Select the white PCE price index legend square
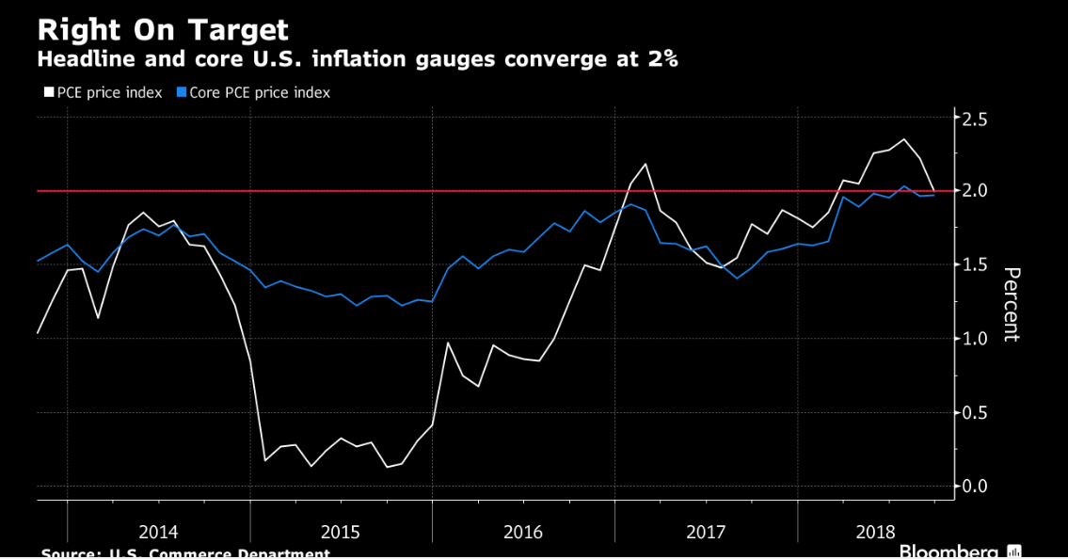pyautogui.click(x=49, y=93)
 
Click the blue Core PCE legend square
pyautogui.click(x=182, y=93)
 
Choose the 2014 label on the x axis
pyautogui.click(x=158, y=532)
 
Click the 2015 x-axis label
pyautogui.click(x=341, y=532)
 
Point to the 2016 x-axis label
pyautogui.click(x=523, y=532)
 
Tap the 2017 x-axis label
pyautogui.click(x=706, y=532)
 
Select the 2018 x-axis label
pyautogui.click(x=875, y=532)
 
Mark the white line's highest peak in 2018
pyautogui.click(x=904, y=139)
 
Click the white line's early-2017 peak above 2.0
pyautogui.click(x=646, y=164)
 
